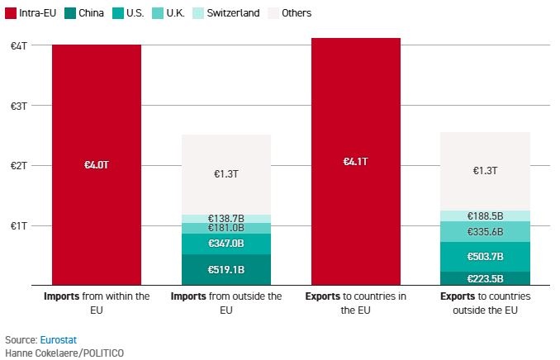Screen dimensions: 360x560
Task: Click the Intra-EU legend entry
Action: pos(31,13)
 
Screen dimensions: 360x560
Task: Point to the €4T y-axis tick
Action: pos(19,45)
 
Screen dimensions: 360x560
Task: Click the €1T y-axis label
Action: pos(19,225)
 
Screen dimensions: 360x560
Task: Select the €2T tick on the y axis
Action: pos(19,165)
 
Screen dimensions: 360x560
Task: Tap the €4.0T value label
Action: pos(97,165)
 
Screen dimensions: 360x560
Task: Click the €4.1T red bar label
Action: pos(356,162)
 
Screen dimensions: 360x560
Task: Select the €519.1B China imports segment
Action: pos(226,269)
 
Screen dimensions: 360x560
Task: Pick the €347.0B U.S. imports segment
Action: pos(226,244)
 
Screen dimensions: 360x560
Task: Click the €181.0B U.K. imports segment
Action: pos(226,228)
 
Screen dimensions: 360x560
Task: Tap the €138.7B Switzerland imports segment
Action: pos(226,219)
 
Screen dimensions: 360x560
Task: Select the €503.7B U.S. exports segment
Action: pos(486,257)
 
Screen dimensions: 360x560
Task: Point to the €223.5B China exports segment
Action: pos(486,278)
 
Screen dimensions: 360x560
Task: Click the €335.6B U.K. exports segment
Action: pos(486,232)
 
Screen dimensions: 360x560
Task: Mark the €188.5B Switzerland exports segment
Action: pos(486,216)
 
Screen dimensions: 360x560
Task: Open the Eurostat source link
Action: pos(59,339)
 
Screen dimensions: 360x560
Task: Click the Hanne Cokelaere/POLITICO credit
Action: pos(64,353)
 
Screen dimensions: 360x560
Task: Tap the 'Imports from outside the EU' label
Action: pos(226,303)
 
